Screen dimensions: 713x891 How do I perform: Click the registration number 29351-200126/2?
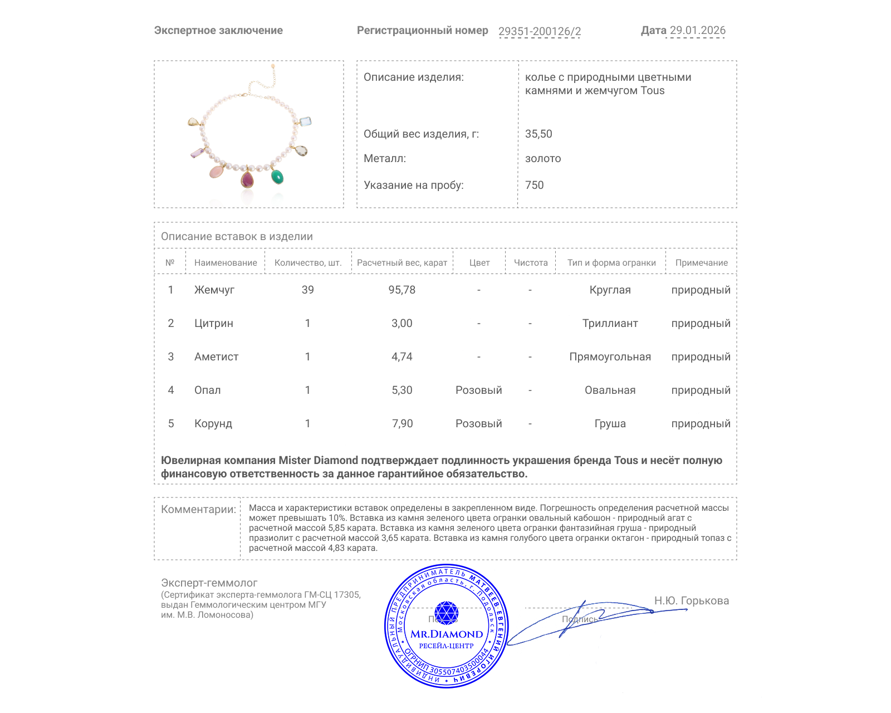tap(539, 31)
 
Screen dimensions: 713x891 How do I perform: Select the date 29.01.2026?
tap(697, 31)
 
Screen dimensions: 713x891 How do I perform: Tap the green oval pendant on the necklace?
tap(277, 177)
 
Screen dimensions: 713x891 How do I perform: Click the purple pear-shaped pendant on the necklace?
tap(247, 180)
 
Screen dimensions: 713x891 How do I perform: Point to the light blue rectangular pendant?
tap(305, 121)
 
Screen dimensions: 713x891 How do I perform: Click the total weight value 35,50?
tap(538, 134)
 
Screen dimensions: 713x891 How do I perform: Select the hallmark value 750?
tap(534, 185)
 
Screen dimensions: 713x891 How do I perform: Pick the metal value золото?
tap(543, 158)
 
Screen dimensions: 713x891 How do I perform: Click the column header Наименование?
tap(226, 262)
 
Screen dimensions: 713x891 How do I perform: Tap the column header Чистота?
tap(531, 262)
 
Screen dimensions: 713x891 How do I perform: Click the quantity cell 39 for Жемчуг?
tap(307, 290)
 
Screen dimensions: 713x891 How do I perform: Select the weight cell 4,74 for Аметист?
tap(402, 356)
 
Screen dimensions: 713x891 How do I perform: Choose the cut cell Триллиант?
tap(610, 323)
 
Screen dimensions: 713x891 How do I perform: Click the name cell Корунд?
tap(213, 423)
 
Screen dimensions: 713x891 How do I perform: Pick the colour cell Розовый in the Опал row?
tap(478, 390)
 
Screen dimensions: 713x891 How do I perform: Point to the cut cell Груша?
tap(610, 423)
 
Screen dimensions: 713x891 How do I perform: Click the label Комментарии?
tap(198, 509)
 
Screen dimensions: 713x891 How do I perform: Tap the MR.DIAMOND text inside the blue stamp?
tap(447, 634)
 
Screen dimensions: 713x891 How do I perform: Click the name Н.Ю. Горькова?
tap(691, 600)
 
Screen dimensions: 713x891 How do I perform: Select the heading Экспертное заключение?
tap(218, 31)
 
